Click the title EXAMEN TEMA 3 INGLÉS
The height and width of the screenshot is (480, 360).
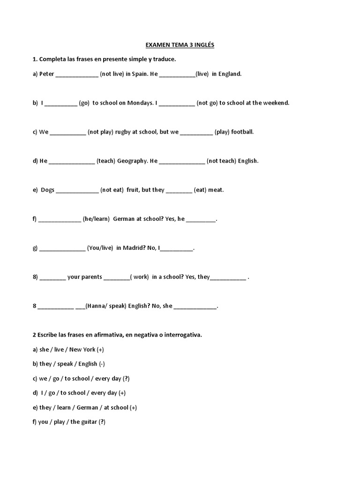click(x=180, y=45)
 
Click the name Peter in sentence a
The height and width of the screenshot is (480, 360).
click(x=47, y=74)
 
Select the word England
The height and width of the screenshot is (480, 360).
click(x=230, y=74)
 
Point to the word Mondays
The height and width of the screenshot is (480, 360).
click(x=140, y=103)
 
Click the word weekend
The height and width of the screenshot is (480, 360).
click(x=276, y=103)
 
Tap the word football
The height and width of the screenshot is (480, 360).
click(x=243, y=132)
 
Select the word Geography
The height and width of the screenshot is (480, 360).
click(x=132, y=161)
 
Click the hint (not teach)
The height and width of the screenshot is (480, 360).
click(x=221, y=161)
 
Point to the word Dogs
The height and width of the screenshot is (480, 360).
click(x=48, y=190)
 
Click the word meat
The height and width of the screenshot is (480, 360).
click(x=216, y=190)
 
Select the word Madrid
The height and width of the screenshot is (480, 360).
click(x=134, y=248)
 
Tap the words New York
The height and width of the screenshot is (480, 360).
click(x=82, y=350)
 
